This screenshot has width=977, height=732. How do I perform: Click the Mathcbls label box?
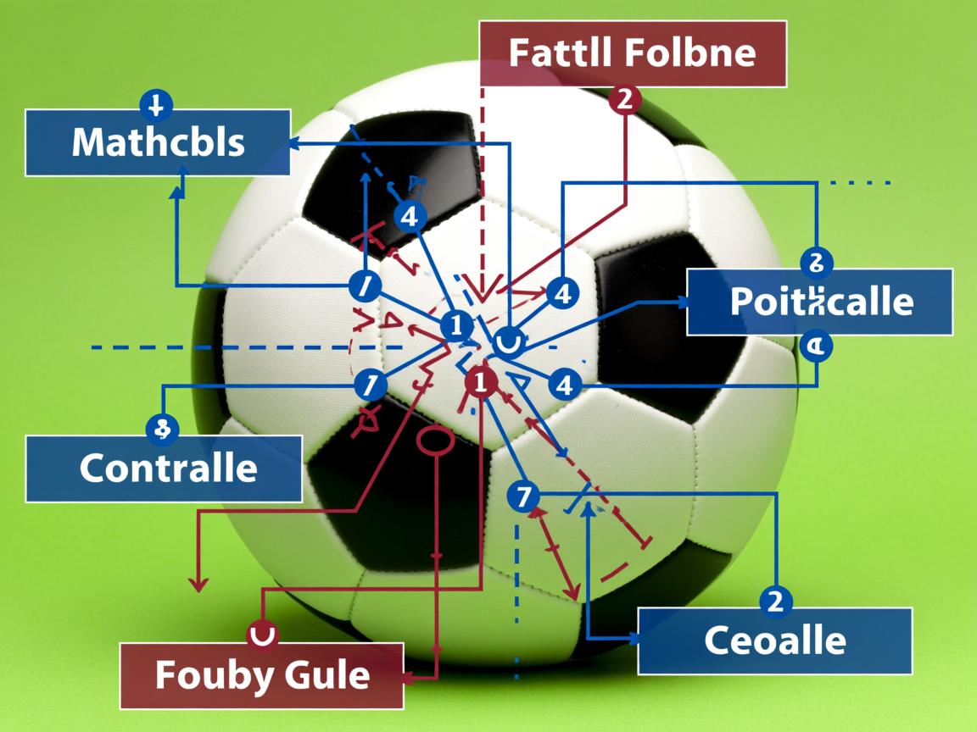pyautogui.click(x=158, y=142)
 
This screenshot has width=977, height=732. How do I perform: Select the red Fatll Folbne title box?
pyautogui.click(x=633, y=53)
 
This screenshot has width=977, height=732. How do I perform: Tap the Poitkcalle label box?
pyautogui.click(x=819, y=302)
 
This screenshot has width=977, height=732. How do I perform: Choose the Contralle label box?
pyautogui.click(x=164, y=468)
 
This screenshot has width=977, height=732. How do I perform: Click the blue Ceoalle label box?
pyautogui.click(x=774, y=640)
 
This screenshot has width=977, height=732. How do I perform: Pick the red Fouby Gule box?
pyautogui.click(x=261, y=675)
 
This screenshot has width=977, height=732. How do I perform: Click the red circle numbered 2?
pyautogui.click(x=625, y=100)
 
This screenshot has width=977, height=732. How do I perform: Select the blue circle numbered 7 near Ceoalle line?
pyautogui.click(x=522, y=496)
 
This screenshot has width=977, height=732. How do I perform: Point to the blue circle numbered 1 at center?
pyautogui.click(x=456, y=325)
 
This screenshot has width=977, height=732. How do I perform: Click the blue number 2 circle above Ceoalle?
pyautogui.click(x=774, y=601)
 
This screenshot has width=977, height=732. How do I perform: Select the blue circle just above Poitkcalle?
pyautogui.click(x=816, y=262)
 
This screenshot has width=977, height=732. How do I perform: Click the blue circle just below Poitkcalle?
pyautogui.click(x=816, y=346)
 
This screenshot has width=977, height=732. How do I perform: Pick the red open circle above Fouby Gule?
pyautogui.click(x=262, y=633)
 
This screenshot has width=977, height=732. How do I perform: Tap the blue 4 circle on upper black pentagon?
pyautogui.click(x=410, y=217)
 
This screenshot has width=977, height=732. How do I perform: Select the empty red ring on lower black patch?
pyautogui.click(x=437, y=441)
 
